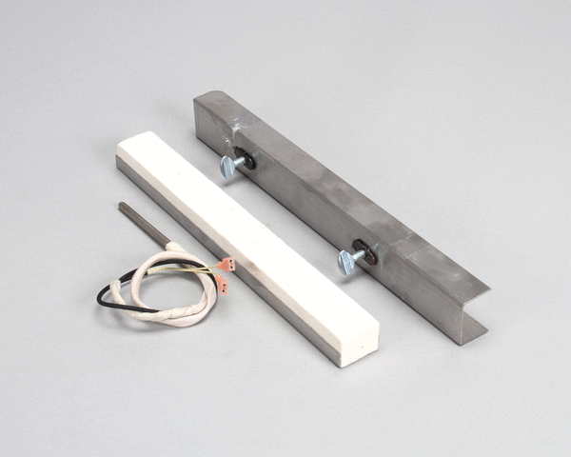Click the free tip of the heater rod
coord(123,203)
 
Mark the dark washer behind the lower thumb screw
coord(369,253)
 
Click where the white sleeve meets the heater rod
coord(169,247)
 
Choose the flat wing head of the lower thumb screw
coord(345,263)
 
